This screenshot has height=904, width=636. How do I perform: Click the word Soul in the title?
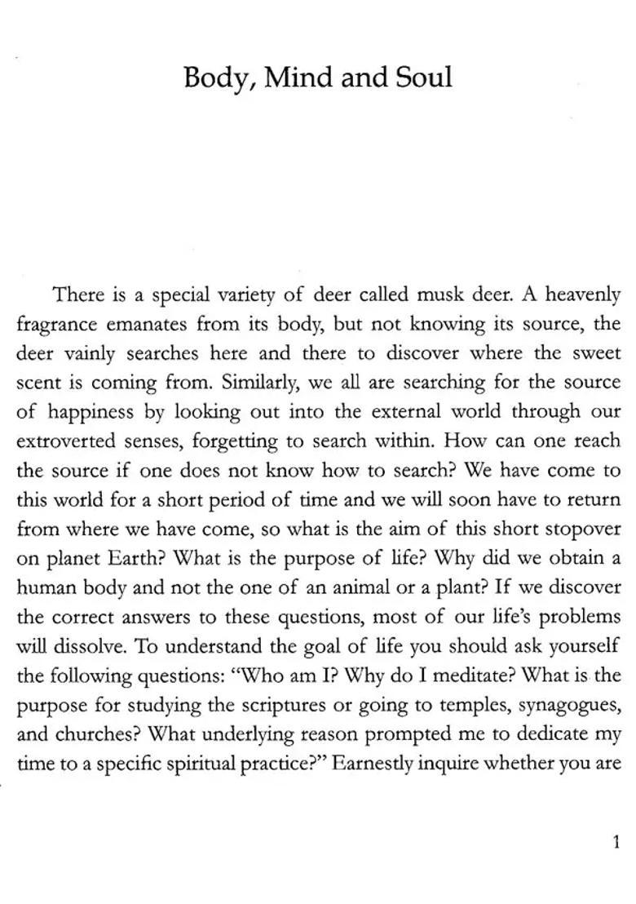[423, 78]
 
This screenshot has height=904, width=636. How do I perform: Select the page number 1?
[616, 842]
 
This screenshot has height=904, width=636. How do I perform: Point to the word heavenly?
[583, 295]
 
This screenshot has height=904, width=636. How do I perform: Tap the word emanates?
[155, 324]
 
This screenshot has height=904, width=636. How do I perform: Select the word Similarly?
[259, 383]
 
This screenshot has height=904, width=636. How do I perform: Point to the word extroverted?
[66, 441]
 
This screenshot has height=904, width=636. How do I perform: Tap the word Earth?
[137, 558]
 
